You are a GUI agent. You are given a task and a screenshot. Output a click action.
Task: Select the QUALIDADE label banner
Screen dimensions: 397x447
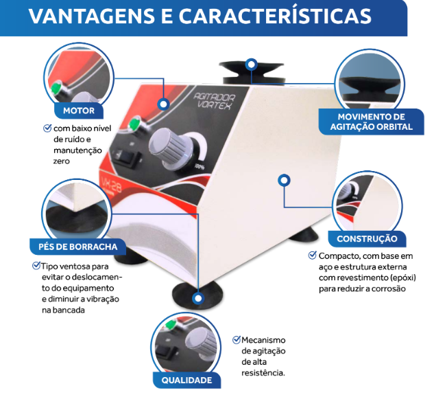186,380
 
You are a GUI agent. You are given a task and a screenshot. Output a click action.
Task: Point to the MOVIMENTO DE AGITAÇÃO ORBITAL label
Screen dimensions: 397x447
371,122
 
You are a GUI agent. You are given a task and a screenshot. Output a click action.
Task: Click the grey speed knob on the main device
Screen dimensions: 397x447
167,146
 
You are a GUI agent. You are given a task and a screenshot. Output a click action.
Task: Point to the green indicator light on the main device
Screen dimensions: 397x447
135,124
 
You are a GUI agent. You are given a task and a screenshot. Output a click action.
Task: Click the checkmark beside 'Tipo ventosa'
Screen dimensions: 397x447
36,265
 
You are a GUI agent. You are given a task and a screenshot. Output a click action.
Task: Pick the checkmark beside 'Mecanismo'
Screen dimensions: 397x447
237,339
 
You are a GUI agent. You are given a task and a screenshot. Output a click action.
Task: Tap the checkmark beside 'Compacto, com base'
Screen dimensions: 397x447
312,255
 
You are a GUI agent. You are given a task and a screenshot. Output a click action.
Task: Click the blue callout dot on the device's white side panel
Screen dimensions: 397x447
282,180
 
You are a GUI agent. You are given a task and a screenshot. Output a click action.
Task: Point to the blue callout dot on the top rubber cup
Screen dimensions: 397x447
252,65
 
